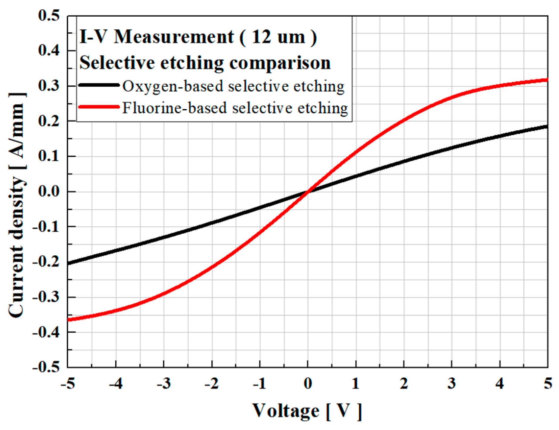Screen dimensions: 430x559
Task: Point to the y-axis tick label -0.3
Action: (46, 297)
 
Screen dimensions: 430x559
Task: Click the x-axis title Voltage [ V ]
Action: (307, 411)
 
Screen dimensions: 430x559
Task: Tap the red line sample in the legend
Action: (99, 107)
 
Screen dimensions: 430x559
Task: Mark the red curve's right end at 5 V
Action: (547, 80)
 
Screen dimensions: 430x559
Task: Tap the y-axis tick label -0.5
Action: (46, 367)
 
